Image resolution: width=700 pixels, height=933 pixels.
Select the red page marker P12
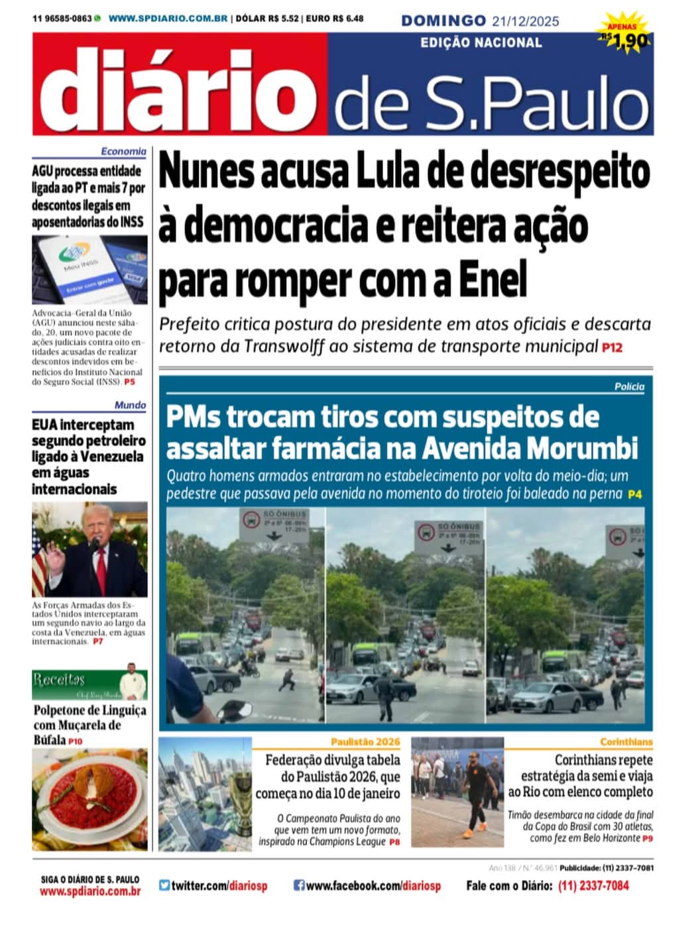pos(612,347)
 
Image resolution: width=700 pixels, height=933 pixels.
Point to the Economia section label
pos(123,152)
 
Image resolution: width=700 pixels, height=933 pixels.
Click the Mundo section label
pos(130,405)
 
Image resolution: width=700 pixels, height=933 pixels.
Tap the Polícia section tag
pos(629,386)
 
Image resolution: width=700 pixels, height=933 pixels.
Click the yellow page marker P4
pos(635,494)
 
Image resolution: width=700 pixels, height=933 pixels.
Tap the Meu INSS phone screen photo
pos(89,269)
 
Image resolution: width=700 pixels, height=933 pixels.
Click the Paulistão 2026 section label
pos(365,742)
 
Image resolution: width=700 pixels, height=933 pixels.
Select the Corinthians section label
pos(626,742)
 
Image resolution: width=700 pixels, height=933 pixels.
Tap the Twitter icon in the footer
pos(164,885)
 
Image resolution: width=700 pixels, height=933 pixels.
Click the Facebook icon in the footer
pos(299,885)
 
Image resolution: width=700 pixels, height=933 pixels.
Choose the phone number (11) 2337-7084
pos(593,886)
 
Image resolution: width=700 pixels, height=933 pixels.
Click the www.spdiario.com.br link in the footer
pos(90,892)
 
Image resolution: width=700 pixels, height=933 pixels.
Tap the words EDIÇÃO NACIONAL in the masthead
pos(481,43)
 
